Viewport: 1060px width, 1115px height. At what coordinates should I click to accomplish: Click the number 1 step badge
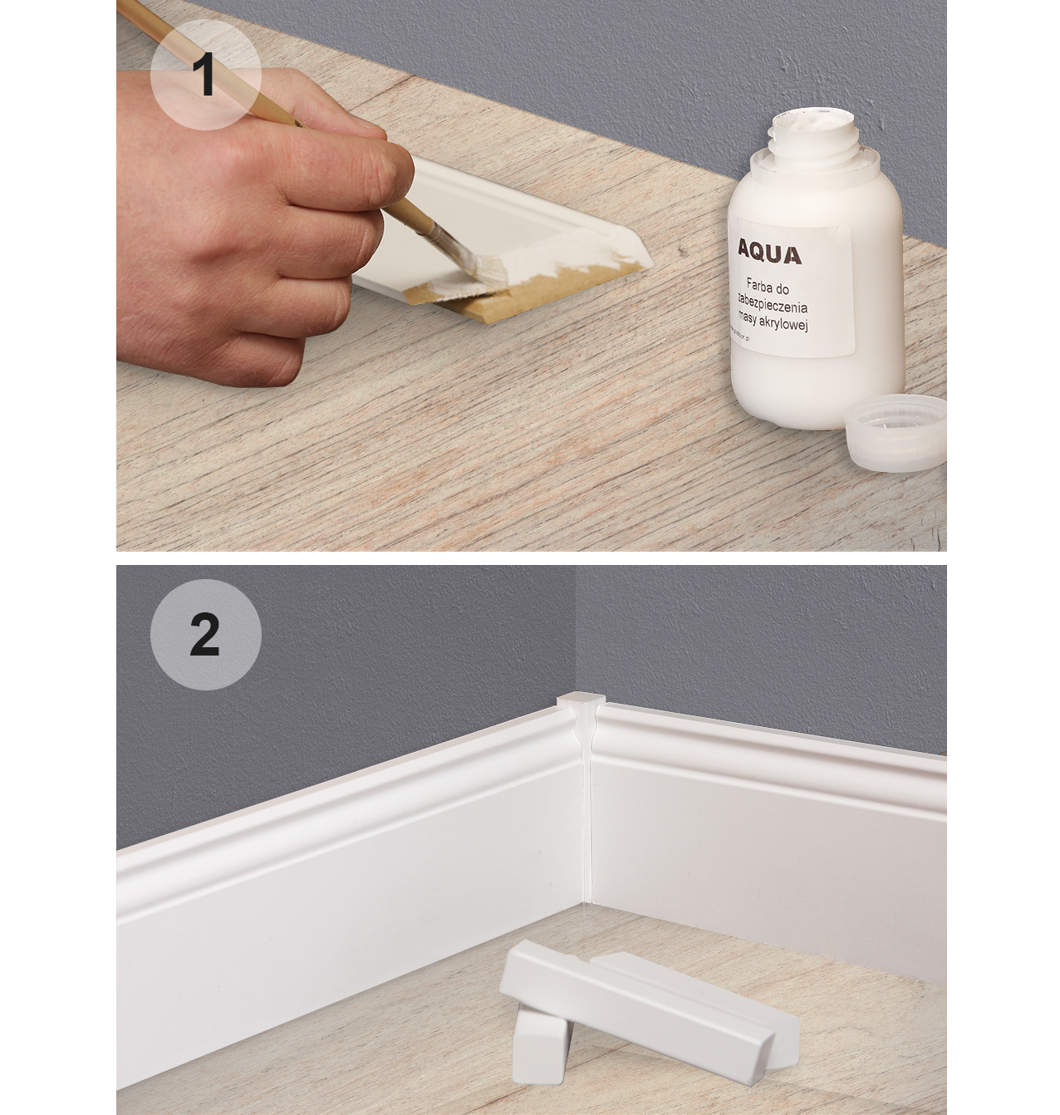click(205, 76)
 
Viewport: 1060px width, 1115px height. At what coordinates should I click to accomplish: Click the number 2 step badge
click(205, 636)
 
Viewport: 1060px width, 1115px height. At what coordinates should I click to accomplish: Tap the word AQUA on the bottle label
click(769, 253)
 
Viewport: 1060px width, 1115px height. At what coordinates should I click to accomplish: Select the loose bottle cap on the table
click(896, 433)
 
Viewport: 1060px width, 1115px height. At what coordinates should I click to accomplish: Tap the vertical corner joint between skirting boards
click(585, 814)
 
